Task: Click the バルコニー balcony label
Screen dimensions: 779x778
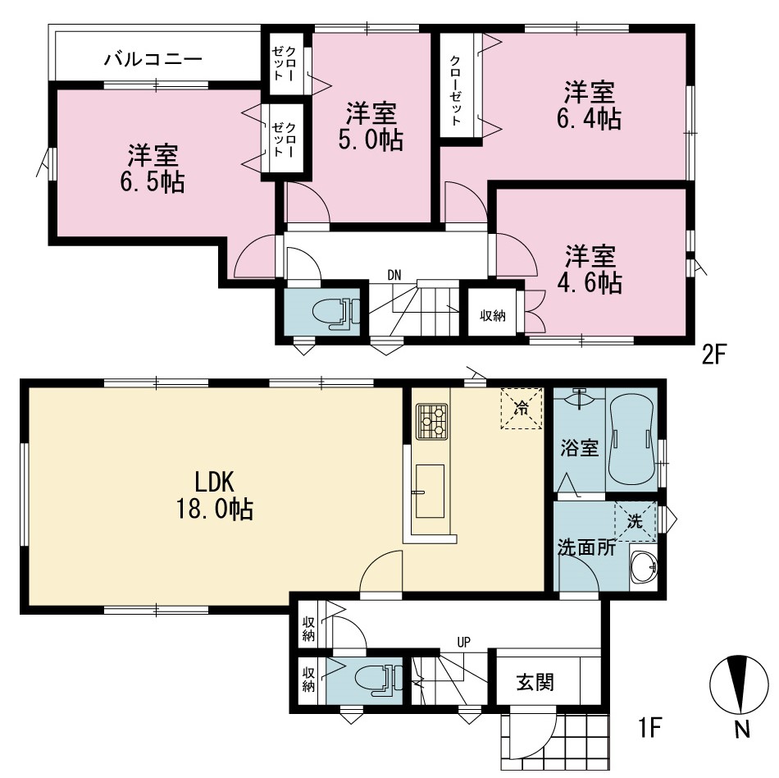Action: [153, 60]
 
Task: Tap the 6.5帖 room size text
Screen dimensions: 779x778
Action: [153, 182]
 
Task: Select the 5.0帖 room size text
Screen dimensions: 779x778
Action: [371, 140]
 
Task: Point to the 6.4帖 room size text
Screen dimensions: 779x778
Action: [589, 119]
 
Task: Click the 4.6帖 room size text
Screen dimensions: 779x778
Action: [590, 282]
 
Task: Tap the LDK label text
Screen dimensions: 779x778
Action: [215, 481]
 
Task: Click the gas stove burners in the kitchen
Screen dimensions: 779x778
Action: [431, 421]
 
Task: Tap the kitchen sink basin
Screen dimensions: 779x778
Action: [430, 491]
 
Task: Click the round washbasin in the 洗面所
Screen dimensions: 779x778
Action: [644, 567]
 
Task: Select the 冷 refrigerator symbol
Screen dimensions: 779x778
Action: [522, 408]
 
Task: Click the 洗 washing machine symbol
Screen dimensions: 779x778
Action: [635, 521]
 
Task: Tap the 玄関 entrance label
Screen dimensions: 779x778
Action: [535, 682]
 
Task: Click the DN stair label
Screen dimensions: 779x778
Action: [394, 275]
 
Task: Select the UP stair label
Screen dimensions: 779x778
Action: [463, 643]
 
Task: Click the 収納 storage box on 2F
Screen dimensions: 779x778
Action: [492, 315]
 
